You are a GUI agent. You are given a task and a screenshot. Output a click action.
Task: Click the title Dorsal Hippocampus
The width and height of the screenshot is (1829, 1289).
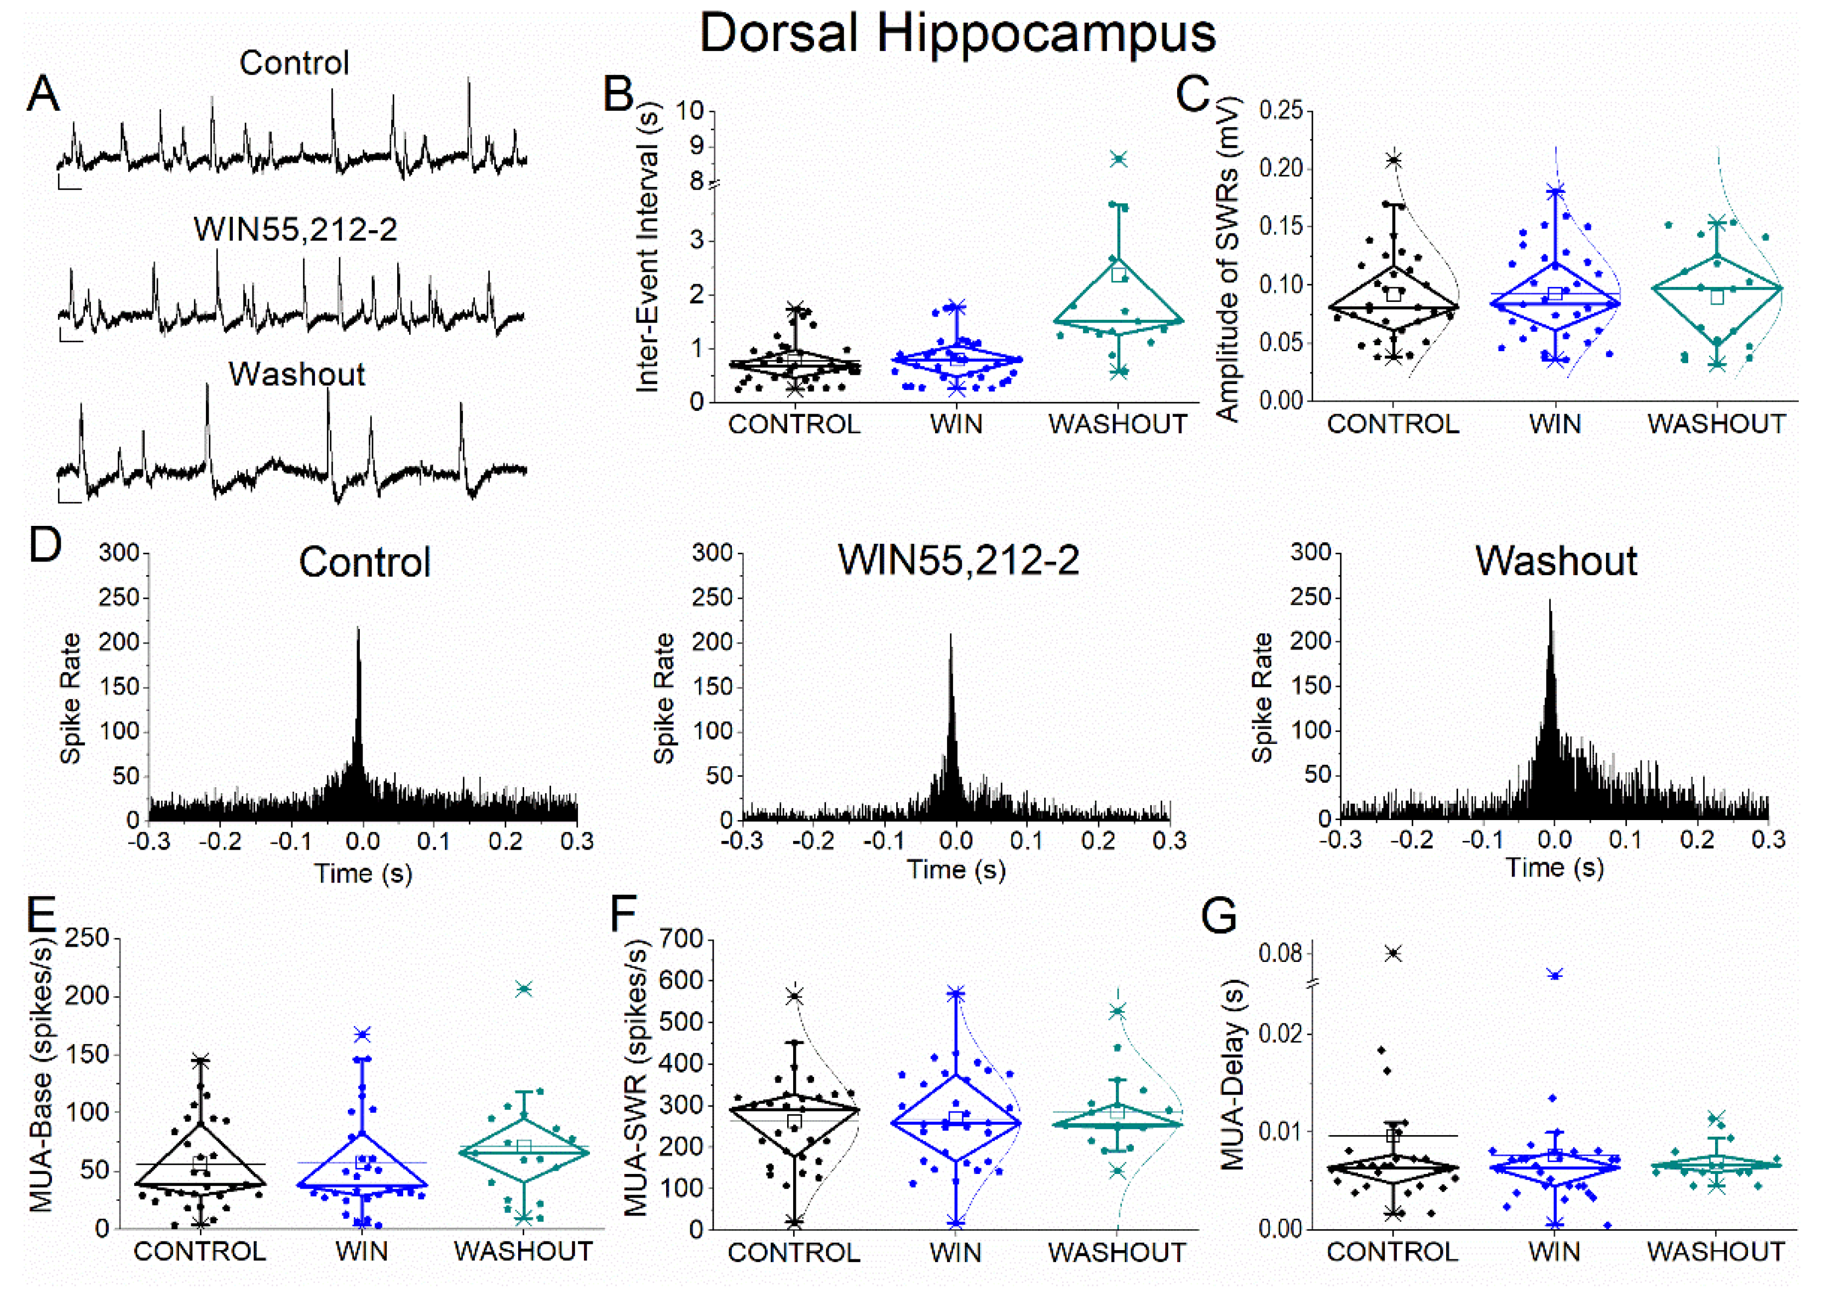[x=957, y=33]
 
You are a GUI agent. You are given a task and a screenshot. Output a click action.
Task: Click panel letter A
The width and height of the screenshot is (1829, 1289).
[x=43, y=94]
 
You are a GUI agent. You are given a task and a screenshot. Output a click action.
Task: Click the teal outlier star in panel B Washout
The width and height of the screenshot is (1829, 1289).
[x=1119, y=159]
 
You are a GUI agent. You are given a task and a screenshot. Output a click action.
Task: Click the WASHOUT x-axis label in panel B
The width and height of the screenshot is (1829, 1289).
[x=1117, y=425]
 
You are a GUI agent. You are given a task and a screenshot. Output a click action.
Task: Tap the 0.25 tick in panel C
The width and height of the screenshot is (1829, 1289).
[x=1280, y=111]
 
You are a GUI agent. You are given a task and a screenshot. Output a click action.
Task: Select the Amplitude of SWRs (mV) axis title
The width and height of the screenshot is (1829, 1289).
[x=1228, y=259]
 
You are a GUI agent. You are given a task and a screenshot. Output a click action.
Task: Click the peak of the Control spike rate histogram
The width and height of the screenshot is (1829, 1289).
[x=358, y=629]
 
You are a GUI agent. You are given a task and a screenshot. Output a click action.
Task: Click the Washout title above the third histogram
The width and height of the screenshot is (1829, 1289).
[x=1556, y=561]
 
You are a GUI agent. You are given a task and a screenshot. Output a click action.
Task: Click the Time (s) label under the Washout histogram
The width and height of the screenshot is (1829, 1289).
[x=1554, y=868]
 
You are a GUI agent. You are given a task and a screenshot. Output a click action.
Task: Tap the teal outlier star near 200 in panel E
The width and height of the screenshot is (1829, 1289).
[x=523, y=989]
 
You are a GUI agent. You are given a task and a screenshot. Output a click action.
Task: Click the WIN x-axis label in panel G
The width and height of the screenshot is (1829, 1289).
[x=1554, y=1252]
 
